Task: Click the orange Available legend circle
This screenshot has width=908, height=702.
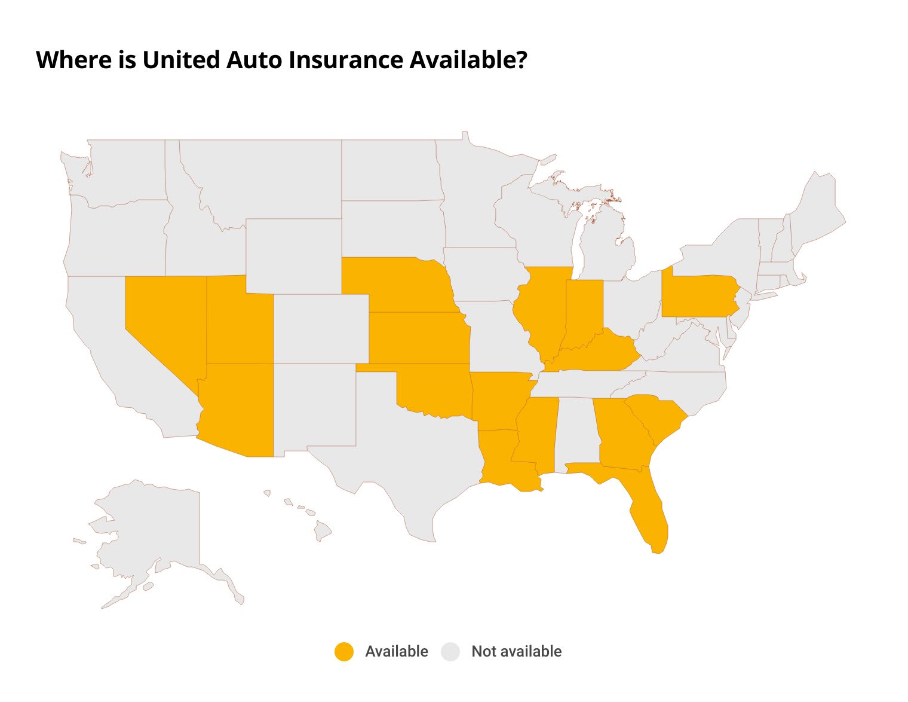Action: (x=344, y=652)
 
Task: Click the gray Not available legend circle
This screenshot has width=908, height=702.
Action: (x=450, y=652)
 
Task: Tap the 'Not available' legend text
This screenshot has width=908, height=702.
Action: (x=516, y=652)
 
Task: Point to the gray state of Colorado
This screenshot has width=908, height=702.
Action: (x=321, y=328)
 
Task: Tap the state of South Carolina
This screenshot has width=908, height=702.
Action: (x=657, y=419)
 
